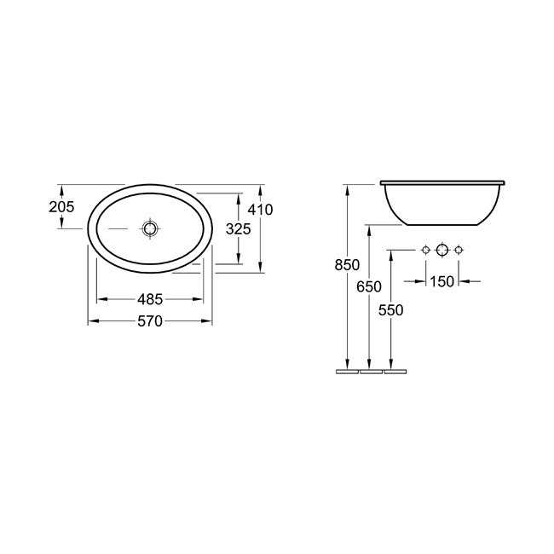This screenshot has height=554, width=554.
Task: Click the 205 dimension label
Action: [x=61, y=207]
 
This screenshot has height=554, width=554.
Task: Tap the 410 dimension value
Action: [x=260, y=210]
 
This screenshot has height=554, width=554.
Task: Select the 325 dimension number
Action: [x=238, y=229]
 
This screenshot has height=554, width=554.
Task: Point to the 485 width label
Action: [x=150, y=299]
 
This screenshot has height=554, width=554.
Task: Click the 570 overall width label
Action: [x=150, y=320]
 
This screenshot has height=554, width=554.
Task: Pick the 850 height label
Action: [x=347, y=264]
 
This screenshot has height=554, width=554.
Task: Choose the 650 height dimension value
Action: [x=369, y=286]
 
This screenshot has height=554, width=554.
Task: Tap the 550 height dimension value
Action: [x=390, y=310]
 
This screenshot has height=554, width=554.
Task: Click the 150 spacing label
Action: [x=442, y=281]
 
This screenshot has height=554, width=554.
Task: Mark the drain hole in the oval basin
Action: [x=151, y=228]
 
